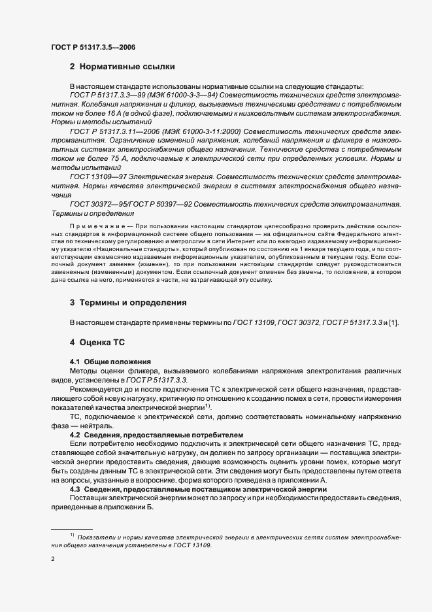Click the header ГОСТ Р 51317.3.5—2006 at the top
93,47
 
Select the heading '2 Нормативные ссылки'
122,67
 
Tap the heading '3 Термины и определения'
128,303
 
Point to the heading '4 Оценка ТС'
97,342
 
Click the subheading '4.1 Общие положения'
110,362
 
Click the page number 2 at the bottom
53,559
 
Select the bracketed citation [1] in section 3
394,323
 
